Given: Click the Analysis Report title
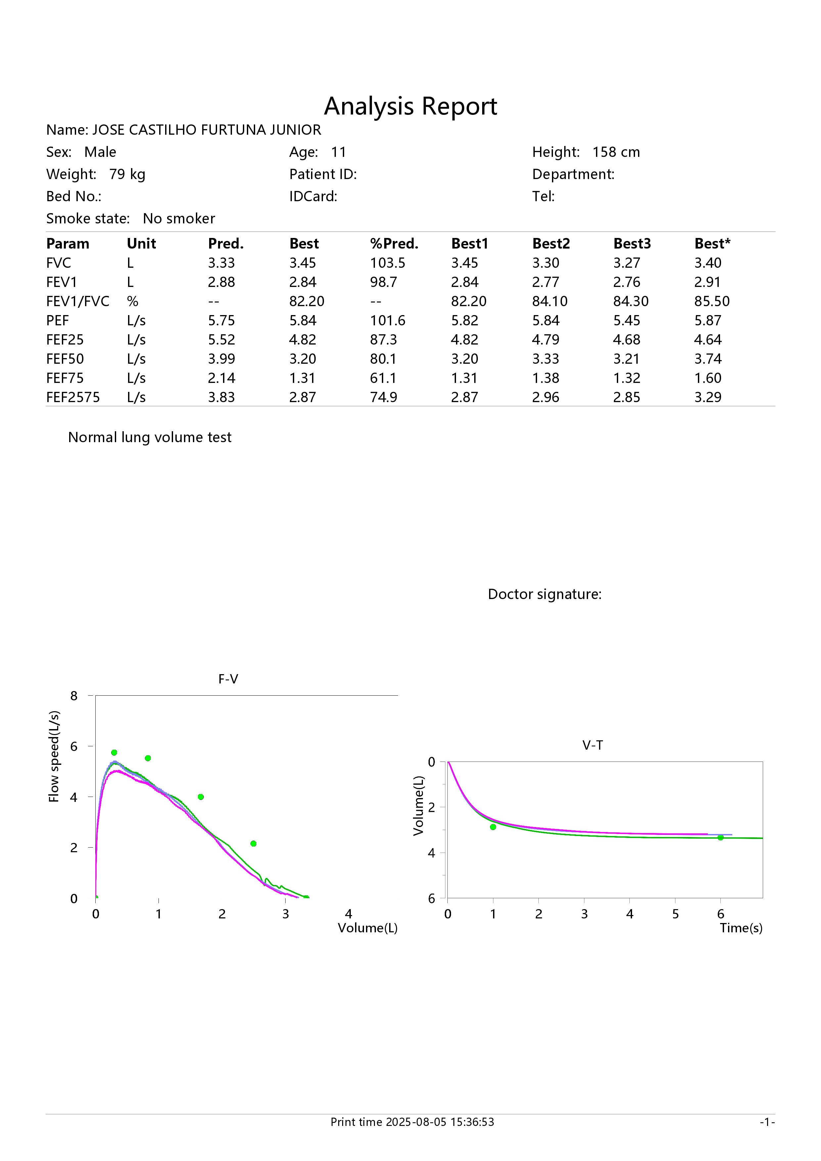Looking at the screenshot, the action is pos(410,106).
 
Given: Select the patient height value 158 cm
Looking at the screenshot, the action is pos(616,152).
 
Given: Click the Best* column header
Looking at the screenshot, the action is pos(712,244).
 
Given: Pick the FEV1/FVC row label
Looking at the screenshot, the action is pos(78,302).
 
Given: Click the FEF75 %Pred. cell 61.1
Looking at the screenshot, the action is pos(383,378).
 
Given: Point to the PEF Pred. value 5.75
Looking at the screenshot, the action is pos(221,321).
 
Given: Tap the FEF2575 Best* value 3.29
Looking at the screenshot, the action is pos(708,397).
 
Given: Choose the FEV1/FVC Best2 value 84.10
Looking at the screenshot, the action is pos(550,302).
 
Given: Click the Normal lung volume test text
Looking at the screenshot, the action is pos(150,438).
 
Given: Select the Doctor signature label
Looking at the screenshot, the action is pos(544,594).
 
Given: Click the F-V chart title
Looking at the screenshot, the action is pos(228,679).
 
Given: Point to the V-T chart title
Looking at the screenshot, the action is pos(592,745).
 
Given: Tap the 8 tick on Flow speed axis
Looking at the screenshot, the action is pos(74,696).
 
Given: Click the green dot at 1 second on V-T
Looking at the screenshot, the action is pos(493,827).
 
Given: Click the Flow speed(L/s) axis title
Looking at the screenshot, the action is pos(54,757).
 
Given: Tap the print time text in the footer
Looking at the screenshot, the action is pos(412,1122).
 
